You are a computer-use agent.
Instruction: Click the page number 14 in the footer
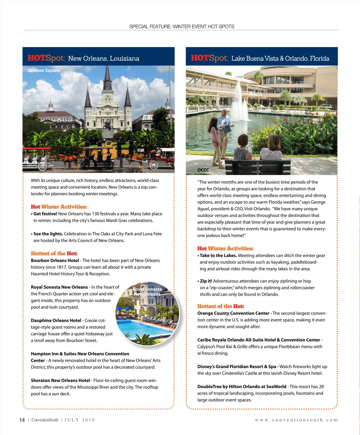[22, 420]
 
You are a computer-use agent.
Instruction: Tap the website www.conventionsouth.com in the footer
[296, 420]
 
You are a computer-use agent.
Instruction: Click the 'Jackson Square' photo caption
[44, 70]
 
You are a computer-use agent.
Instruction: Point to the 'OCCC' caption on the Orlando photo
[203, 170]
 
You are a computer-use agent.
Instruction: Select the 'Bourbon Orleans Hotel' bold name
[55, 260]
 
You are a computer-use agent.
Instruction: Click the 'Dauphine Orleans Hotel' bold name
[56, 320]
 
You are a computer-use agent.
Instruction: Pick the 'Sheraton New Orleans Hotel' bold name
[60, 380]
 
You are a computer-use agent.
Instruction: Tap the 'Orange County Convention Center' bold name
[233, 313]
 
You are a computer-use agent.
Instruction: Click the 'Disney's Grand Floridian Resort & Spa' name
[237, 367]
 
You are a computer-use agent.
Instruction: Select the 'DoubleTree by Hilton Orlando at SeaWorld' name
[242, 387]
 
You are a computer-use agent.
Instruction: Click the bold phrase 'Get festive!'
[45, 214]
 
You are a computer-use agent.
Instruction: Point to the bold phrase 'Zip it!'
[206, 281]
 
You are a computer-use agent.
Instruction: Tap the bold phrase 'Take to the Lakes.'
[218, 256]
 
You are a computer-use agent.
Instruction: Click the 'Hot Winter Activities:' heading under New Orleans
[59, 207]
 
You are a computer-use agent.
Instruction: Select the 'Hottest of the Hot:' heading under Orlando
[220, 306]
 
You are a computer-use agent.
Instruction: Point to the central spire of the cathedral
[107, 78]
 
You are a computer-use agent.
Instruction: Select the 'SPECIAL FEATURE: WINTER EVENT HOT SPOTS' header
[182, 26]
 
